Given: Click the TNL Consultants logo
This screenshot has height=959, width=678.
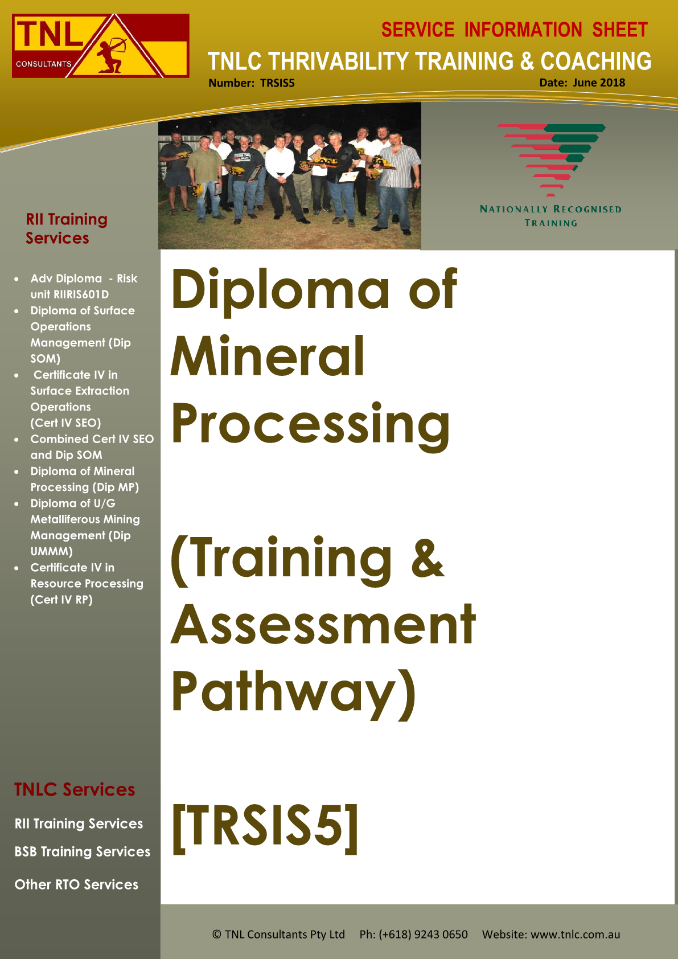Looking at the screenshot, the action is (x=101, y=46).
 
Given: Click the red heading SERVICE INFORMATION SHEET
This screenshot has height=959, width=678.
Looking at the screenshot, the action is (x=514, y=30).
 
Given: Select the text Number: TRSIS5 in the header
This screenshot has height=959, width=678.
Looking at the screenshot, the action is (x=251, y=83).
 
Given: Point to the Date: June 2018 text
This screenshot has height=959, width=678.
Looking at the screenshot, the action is (x=582, y=83).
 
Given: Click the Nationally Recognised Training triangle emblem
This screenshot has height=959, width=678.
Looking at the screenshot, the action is (x=551, y=159).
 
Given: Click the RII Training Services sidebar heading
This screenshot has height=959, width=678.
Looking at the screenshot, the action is (x=67, y=228).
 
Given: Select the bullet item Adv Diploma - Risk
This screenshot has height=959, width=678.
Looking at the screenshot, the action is (x=84, y=278).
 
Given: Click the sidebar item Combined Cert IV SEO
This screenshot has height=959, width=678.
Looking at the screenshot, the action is (x=92, y=439).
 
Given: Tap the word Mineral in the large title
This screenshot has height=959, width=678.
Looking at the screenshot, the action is (x=268, y=356).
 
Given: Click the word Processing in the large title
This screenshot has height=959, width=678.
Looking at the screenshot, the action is (x=311, y=426).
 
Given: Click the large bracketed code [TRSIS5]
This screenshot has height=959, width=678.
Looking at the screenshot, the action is (x=265, y=829).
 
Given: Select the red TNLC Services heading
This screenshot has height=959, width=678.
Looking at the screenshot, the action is (x=75, y=789).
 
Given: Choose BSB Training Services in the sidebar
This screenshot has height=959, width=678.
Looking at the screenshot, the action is (x=82, y=851).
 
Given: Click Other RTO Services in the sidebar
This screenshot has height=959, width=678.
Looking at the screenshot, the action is (x=76, y=884).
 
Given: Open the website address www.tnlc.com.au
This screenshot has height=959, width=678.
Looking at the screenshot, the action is (x=576, y=934).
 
